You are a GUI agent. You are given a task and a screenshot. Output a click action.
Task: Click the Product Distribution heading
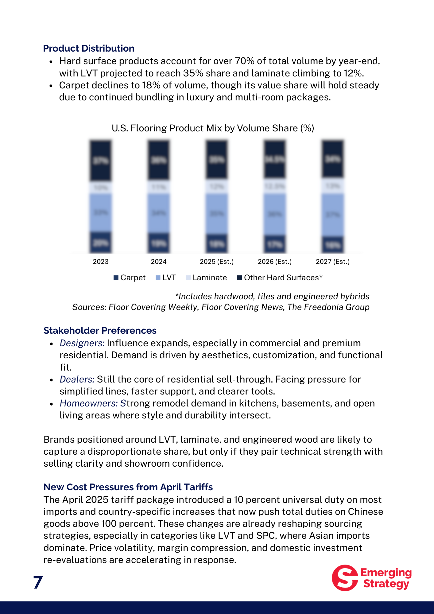coord(89,49)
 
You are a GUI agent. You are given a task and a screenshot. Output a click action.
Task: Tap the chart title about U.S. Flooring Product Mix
coord(213,128)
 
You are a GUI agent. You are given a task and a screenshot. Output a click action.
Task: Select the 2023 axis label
coord(101,262)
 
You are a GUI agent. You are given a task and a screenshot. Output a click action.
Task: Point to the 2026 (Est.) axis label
coord(275,262)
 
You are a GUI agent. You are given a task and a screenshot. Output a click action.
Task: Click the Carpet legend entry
coord(130,278)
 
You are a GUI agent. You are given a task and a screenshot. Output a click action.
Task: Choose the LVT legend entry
coord(166,278)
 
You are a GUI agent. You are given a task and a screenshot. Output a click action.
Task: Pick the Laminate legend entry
coord(206,278)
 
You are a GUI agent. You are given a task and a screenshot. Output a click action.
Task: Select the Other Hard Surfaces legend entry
coord(280,278)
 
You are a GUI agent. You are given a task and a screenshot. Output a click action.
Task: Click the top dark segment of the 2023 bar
coord(101,160)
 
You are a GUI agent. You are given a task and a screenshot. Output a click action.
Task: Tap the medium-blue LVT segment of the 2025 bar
coord(217,213)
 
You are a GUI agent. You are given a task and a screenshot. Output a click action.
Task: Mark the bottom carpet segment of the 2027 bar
coord(333,245)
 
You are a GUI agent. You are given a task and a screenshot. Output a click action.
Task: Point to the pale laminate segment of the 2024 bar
coord(159,187)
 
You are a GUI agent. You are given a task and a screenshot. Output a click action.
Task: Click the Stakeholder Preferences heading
coord(100,331)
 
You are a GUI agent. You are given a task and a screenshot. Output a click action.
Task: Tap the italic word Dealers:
coord(77,379)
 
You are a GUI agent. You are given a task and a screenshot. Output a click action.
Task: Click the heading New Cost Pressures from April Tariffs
coord(128,487)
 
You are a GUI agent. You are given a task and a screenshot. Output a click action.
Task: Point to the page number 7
coord(38,582)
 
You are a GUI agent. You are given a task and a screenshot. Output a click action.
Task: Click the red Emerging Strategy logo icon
coord(345,578)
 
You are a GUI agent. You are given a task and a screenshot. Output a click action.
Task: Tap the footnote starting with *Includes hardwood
coord(272,297)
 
